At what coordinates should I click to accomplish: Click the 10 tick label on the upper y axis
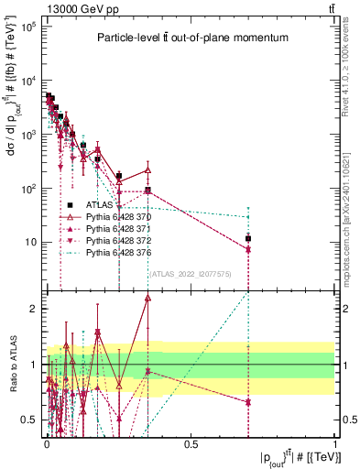pyautogui.click(x=29, y=243)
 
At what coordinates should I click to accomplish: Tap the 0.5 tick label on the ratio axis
pyautogui.click(x=29, y=420)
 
